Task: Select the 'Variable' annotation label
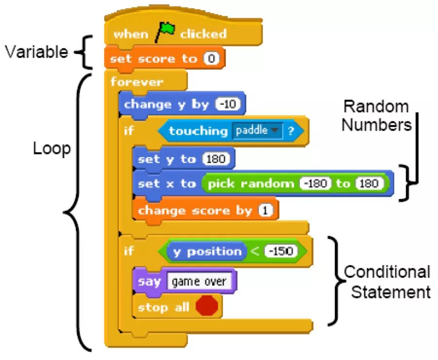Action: point(36,52)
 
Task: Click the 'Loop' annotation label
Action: point(52,149)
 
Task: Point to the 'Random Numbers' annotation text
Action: point(376,116)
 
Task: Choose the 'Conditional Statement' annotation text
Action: point(387,282)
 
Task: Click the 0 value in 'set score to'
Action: point(211,59)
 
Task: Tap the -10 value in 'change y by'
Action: point(228,105)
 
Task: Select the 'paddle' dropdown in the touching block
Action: point(257,131)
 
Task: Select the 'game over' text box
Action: point(199,282)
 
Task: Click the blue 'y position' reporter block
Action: point(207,252)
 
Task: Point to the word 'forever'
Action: point(137,82)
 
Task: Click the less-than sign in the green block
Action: point(255,252)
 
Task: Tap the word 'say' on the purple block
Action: point(149,282)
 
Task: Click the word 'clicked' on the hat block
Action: point(203,34)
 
